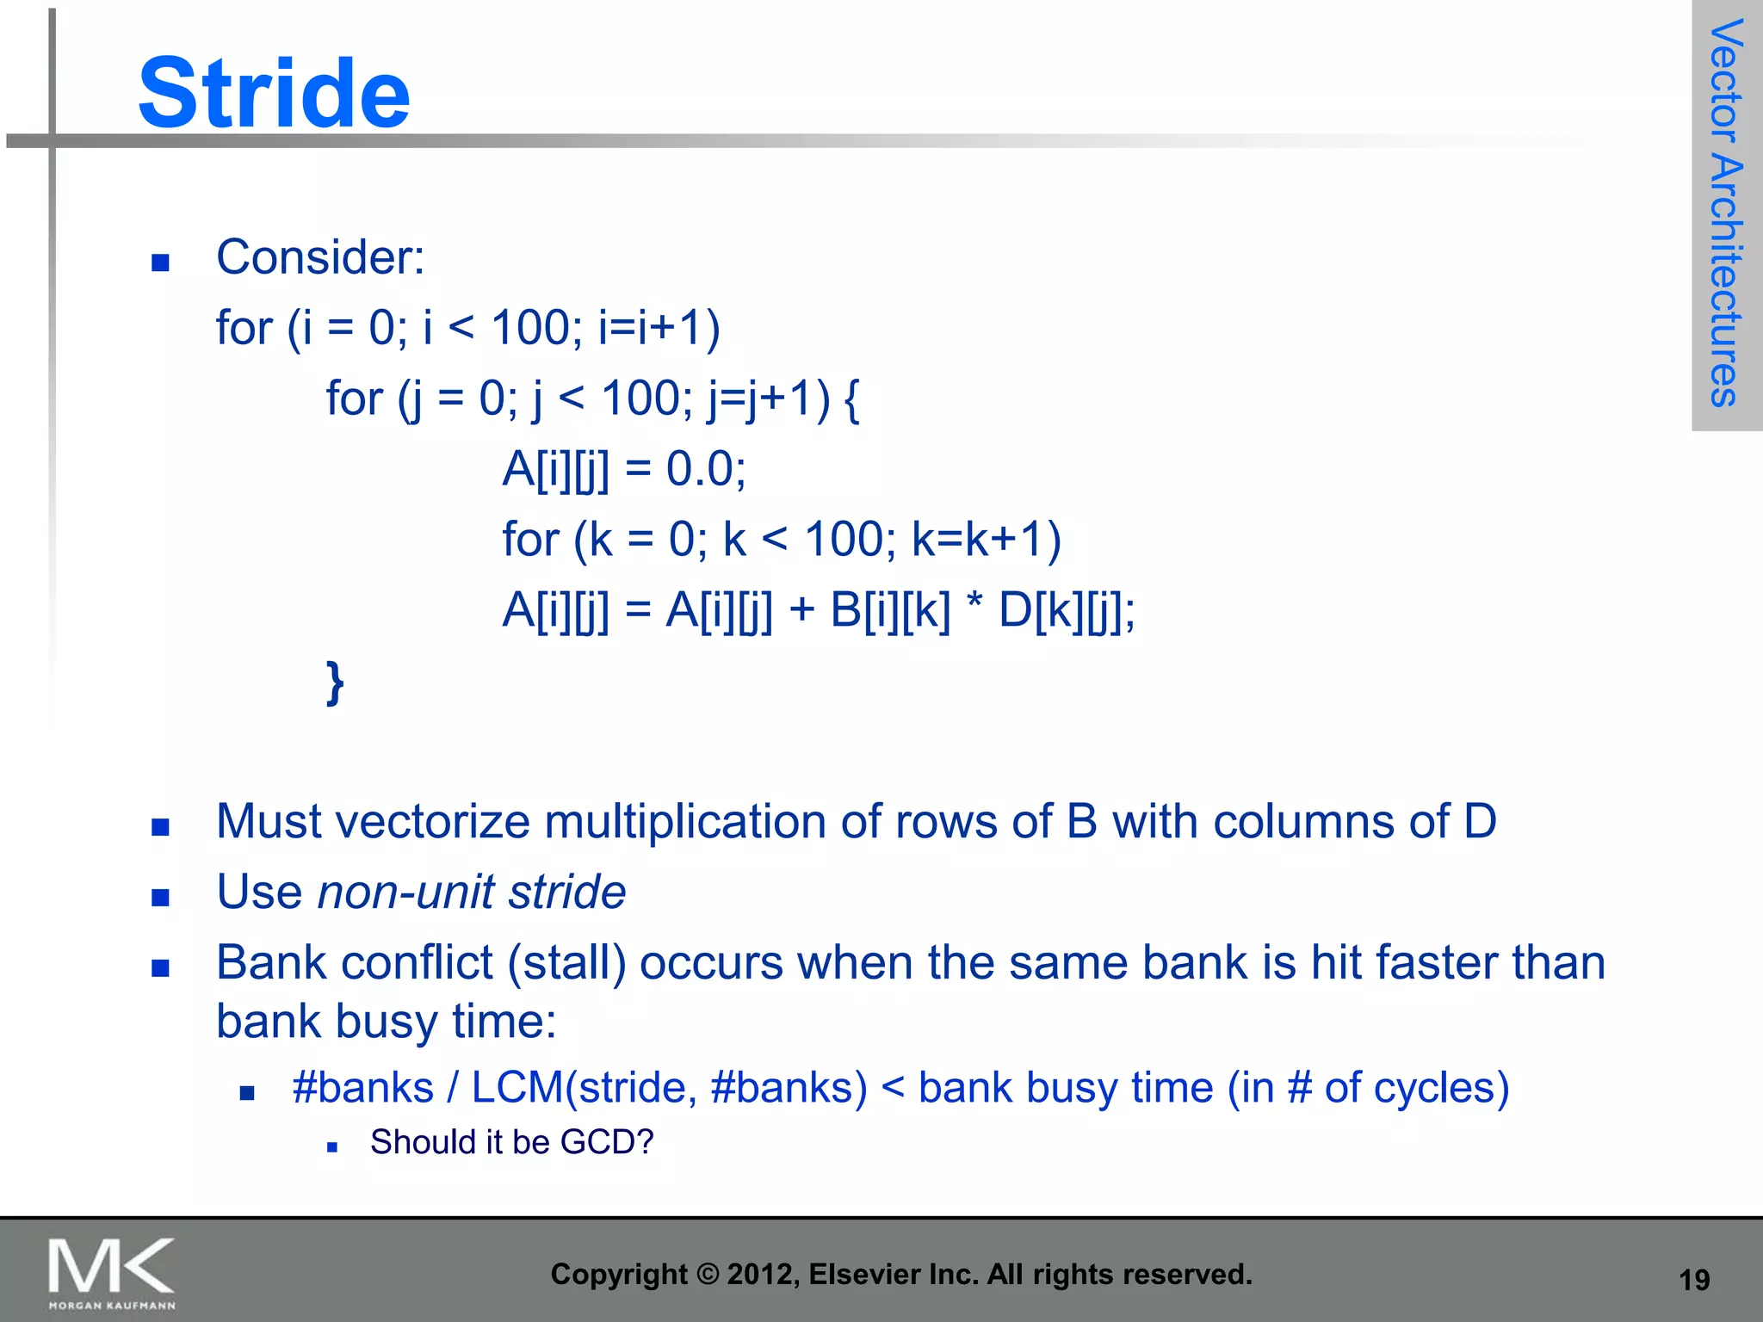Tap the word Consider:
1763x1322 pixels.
coord(320,257)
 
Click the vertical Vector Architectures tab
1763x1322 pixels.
coord(1725,213)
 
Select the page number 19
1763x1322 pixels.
coord(1694,1280)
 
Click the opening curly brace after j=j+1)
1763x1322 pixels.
coord(851,399)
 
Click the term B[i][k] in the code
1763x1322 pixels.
coord(890,611)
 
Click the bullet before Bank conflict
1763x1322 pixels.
coord(160,968)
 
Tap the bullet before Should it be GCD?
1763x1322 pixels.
coord(331,1146)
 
